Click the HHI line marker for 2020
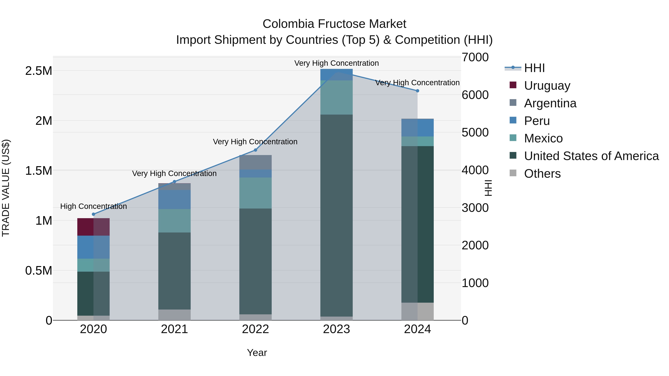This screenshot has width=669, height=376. coord(93,214)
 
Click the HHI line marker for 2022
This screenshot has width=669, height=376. coord(255,150)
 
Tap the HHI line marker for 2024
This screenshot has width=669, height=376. coord(417,91)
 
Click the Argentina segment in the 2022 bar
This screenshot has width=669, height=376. coord(255,162)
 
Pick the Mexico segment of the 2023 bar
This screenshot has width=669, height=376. coord(336,97)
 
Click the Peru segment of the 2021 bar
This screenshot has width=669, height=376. coord(174,199)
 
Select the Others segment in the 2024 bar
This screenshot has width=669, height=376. coord(417,311)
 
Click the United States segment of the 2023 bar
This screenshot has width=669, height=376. coord(336,215)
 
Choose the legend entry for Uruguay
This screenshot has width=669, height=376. coord(547,86)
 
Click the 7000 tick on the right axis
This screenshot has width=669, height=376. coord(475,57)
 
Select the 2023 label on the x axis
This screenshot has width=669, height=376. coord(336,329)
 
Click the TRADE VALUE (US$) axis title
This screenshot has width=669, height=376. coord(6,188)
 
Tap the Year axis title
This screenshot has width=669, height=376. coord(257,353)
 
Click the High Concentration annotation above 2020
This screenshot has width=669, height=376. coord(93,206)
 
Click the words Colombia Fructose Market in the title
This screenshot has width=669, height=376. coord(334,24)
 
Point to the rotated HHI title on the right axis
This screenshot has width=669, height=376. coord(488,188)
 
